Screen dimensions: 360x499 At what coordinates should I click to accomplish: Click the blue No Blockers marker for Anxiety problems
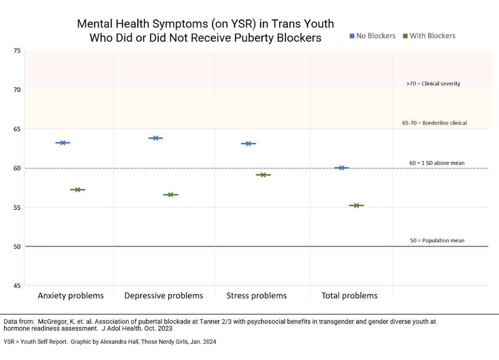[63, 143]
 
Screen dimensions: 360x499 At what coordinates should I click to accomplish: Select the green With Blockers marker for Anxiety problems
[77, 189]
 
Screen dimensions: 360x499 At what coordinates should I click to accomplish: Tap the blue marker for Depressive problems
[156, 138]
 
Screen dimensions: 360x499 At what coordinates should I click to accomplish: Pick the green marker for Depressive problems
[170, 194]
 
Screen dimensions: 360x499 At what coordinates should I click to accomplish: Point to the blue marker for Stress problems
[248, 144]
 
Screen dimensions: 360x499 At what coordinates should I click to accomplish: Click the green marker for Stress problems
[263, 175]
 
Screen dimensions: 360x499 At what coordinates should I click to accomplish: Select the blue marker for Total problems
[341, 168]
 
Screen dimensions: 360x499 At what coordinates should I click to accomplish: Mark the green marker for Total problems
[356, 205]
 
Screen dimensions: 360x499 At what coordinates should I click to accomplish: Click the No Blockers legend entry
[372, 36]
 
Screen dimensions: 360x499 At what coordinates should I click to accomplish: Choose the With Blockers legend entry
[429, 36]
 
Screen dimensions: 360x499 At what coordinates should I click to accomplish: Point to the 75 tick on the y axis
[16, 51]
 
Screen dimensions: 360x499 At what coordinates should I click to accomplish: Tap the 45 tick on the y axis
[16, 285]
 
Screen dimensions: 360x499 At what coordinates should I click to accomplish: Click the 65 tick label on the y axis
[16, 129]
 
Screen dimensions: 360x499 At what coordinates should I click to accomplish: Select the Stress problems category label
[256, 296]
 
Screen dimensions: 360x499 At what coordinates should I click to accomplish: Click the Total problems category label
[349, 296]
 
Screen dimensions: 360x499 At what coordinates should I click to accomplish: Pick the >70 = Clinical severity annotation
[433, 84]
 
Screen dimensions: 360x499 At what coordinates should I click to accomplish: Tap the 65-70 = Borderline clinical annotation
[434, 123]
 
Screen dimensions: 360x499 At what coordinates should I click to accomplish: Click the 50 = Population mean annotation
[437, 241]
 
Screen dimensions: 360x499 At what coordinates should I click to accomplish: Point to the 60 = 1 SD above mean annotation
[437, 163]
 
